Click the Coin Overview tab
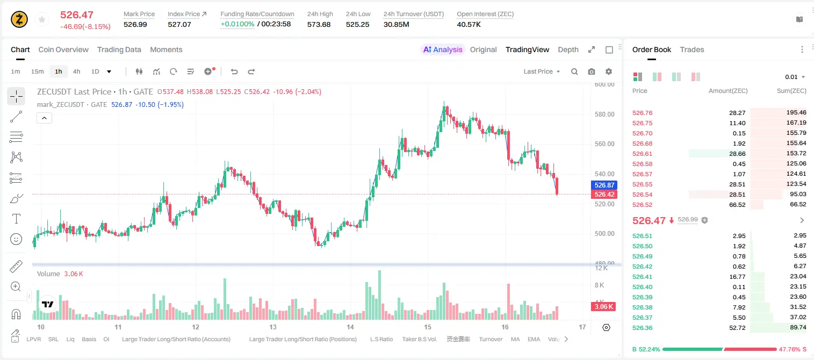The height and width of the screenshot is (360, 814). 63,49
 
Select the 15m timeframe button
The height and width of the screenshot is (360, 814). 37,71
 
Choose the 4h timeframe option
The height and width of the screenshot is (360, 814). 76,71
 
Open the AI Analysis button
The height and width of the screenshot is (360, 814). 443,49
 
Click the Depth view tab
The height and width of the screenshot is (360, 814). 568,49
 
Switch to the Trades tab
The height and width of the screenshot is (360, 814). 692,49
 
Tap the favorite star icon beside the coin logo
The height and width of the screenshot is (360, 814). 42,19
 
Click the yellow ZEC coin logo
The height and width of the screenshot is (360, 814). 19,19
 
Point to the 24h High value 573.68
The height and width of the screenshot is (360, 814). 319,24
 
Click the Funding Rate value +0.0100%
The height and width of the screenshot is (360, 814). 237,24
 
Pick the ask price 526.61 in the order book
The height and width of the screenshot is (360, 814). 642,154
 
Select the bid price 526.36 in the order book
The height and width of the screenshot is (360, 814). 642,328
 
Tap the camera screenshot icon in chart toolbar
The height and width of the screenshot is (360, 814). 592,71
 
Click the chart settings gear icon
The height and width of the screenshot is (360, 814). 609,71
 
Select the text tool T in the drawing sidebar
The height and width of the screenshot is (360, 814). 16,219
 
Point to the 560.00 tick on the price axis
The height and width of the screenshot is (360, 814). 604,144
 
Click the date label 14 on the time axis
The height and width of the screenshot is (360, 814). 350,327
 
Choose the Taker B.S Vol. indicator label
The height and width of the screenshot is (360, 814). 419,339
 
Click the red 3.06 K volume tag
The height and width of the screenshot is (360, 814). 603,307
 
